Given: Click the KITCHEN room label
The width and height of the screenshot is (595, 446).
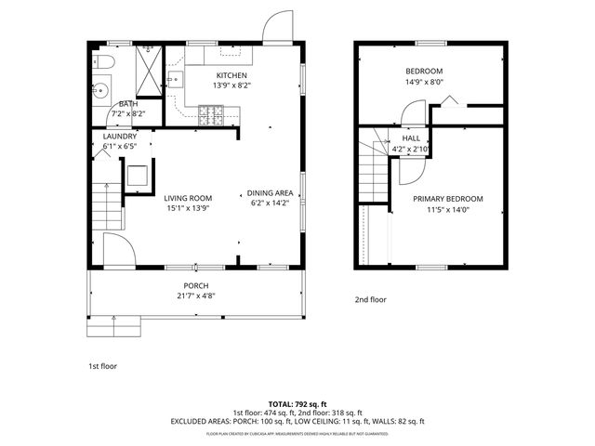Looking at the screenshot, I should click(231, 75).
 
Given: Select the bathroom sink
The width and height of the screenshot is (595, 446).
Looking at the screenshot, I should click(101, 91).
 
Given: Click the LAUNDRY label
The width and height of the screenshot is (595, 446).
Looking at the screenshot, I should click(119, 136).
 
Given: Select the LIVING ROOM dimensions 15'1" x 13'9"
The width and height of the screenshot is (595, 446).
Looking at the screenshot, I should click(188, 208).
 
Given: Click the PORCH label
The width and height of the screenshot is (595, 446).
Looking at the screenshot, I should click(195, 285).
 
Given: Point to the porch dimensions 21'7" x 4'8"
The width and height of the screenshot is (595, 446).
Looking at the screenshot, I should click(195, 295).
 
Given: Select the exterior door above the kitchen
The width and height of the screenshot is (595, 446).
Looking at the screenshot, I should click(276, 28).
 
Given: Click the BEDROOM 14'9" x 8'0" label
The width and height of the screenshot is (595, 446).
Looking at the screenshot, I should click(423, 72).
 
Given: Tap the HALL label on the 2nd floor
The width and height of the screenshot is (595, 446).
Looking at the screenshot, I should click(410, 138).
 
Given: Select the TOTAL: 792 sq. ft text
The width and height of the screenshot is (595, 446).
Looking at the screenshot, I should click(297, 404).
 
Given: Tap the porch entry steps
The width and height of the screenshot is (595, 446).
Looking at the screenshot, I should click(113, 326).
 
